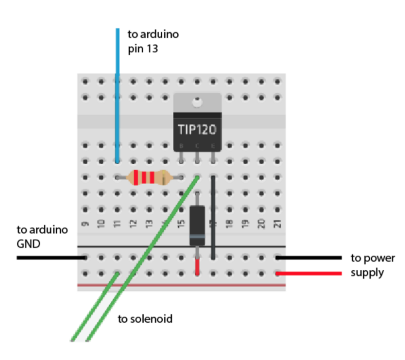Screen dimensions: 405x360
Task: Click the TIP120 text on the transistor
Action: (197, 130)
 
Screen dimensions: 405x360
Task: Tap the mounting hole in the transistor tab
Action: (197, 102)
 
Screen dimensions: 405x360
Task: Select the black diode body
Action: (197, 226)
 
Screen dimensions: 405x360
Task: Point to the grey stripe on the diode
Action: (197, 237)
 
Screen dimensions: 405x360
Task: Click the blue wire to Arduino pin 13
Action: (117, 95)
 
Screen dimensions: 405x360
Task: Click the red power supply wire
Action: (309, 273)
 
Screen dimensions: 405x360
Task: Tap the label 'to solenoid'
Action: (145, 319)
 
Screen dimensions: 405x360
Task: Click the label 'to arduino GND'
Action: (42, 237)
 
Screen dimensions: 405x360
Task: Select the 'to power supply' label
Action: (373, 266)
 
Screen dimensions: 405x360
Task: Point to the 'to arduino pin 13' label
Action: (153, 41)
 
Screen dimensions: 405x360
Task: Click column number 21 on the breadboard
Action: (277, 224)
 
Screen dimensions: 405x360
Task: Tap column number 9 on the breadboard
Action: (85, 224)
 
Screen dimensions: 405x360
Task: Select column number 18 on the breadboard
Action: (230, 224)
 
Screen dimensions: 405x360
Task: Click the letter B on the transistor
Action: (181, 146)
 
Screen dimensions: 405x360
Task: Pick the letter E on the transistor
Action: (213, 146)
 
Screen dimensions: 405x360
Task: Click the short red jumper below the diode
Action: (197, 267)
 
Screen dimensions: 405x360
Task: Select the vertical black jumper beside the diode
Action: (213, 217)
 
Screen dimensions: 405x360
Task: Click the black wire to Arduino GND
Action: (52, 258)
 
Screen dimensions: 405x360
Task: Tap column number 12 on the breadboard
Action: (133, 224)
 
